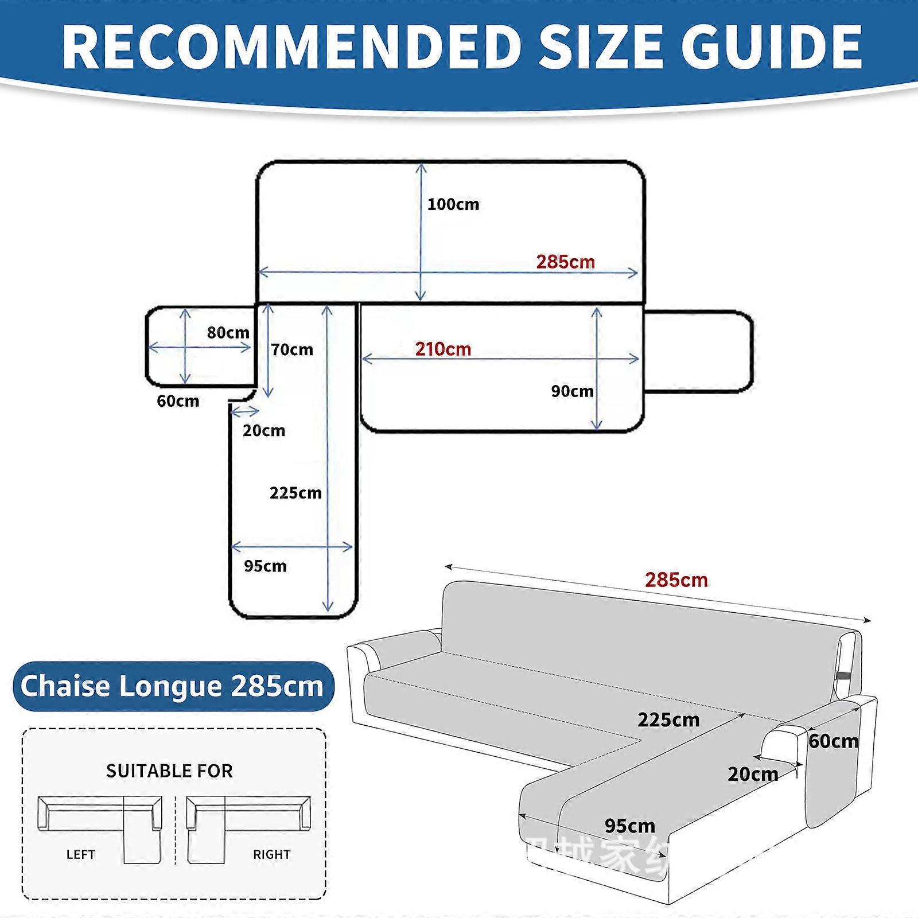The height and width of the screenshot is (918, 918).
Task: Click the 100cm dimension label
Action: pos(453,204)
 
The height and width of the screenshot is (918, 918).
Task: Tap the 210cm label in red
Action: pos(443,349)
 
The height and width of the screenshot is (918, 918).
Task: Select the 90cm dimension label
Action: pos(572,391)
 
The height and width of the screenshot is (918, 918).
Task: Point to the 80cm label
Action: pos(228,333)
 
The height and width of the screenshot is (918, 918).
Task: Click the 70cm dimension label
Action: pos(292,349)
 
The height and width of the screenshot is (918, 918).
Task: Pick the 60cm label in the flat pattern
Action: pos(178,400)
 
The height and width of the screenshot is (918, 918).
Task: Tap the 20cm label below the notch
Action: pos(263,430)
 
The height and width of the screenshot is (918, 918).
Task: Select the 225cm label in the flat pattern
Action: pos(295,493)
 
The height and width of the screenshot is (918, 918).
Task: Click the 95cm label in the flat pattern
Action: pos(265,566)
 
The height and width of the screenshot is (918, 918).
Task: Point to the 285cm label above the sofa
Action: pos(676,580)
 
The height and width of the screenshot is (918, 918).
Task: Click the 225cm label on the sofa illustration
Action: pos(668,720)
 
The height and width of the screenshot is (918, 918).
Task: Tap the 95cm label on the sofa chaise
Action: pos(629,826)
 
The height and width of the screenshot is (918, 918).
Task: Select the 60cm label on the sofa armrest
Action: pos(834,741)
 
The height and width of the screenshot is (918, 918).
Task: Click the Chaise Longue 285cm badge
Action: pos(172,686)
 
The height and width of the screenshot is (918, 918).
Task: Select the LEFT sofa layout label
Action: pos(80,854)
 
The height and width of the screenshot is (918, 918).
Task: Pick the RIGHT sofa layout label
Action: pos(271,854)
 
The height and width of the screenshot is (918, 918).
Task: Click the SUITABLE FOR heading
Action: pos(169,771)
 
